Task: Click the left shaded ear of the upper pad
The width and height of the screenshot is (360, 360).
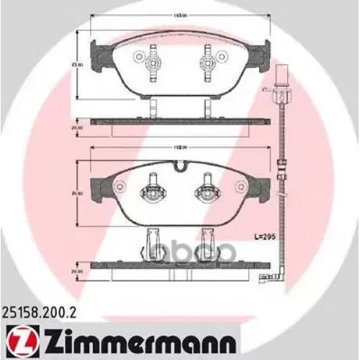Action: point(99,51)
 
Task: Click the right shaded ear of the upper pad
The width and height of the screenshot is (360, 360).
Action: point(264,51)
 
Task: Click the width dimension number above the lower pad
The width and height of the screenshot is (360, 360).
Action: point(177,147)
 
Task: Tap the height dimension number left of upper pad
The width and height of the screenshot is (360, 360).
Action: point(73,64)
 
